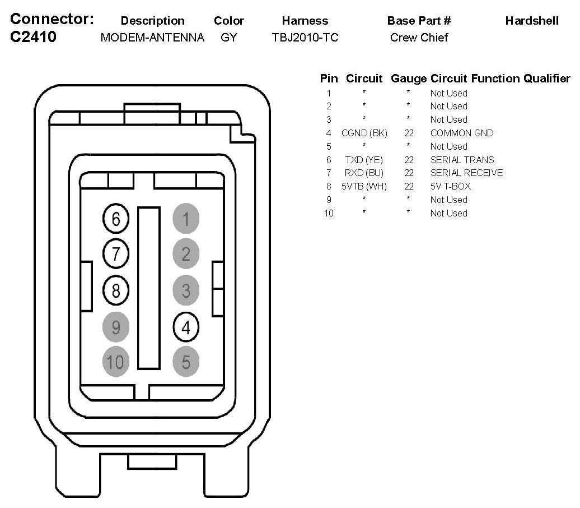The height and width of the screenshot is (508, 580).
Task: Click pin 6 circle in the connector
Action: [x=116, y=219]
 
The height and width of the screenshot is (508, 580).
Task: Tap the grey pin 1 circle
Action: [x=186, y=219]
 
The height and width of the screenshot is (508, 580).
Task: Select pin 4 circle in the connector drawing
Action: [x=186, y=326]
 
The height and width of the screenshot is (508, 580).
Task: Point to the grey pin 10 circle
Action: [x=116, y=362]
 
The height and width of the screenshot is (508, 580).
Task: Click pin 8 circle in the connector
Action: [x=116, y=290]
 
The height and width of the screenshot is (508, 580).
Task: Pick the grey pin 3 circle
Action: [x=186, y=290]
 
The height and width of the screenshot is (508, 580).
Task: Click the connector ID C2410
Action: [x=34, y=38]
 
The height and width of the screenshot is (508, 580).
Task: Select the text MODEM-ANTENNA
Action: [x=152, y=38]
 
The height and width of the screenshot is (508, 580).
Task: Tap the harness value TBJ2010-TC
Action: [x=305, y=38]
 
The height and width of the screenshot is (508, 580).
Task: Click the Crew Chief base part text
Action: [x=419, y=38]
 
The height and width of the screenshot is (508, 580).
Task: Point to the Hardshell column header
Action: [x=531, y=21]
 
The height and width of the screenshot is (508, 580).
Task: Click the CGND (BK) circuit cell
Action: [x=364, y=133]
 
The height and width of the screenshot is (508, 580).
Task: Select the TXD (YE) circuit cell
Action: [x=364, y=160]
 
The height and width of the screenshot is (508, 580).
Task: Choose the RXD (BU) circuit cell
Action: [x=364, y=173]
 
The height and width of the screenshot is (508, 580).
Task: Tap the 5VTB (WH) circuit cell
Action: [x=364, y=186]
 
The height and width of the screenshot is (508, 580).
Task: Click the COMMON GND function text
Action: [x=462, y=133]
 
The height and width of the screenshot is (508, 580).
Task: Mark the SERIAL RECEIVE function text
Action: [x=466, y=173]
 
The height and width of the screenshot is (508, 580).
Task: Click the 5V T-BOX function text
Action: [x=451, y=186]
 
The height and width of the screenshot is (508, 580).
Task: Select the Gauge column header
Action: [x=409, y=78]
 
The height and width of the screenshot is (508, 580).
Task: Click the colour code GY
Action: [x=228, y=38]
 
